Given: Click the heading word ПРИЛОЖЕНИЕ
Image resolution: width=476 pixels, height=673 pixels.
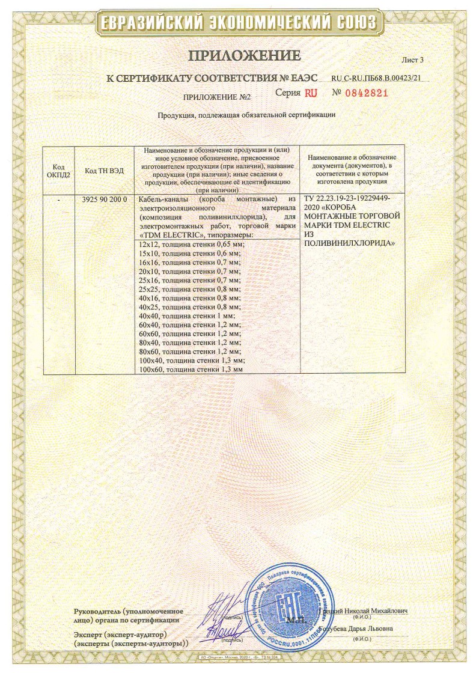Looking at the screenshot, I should [x=244, y=56].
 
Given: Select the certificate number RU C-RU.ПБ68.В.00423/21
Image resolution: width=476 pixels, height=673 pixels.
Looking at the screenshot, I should [x=376, y=78].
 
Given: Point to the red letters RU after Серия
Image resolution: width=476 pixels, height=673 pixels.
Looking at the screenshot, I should [x=310, y=93].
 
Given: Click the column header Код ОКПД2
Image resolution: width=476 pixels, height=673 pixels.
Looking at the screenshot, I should [x=58, y=171].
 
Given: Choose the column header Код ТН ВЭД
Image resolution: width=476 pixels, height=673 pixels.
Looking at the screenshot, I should [x=105, y=171].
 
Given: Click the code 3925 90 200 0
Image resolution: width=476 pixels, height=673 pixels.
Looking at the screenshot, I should [x=105, y=199].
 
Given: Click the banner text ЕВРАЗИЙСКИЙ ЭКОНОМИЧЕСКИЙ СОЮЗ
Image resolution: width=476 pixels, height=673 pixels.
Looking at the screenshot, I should [x=238, y=23].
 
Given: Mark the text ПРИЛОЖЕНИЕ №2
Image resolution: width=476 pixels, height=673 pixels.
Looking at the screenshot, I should [x=207, y=96].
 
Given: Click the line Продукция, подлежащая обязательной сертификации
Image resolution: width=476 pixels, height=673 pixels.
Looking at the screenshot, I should [x=246, y=115].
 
